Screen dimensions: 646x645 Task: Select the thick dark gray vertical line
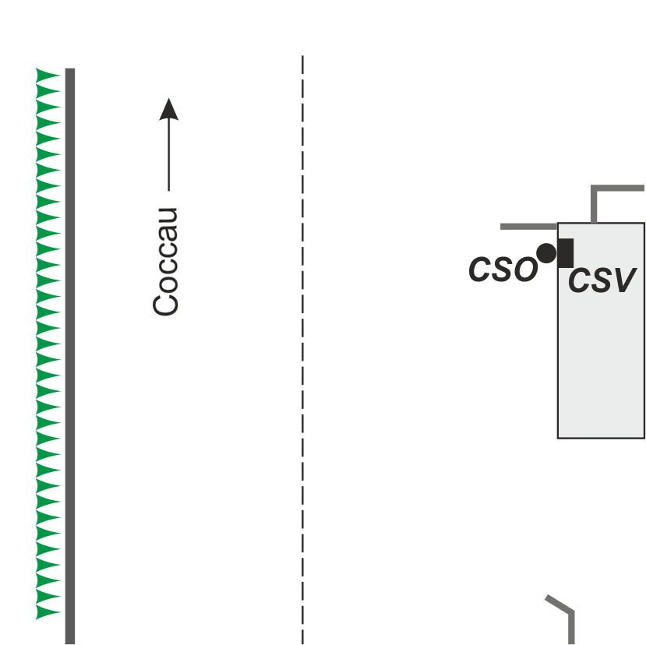point(70,356)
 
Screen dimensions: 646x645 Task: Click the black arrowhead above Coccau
point(169,110)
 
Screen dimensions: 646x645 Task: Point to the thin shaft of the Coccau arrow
point(169,156)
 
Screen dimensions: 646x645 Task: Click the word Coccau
point(166,262)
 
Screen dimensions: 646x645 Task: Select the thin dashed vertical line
point(303,350)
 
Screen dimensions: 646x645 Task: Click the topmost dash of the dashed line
point(303,65)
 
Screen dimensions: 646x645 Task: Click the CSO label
point(503,270)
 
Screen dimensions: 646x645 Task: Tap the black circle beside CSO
point(547,253)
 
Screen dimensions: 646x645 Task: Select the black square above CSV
point(566,253)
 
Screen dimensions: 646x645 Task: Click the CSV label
point(602,280)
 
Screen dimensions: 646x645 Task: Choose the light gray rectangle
point(601,331)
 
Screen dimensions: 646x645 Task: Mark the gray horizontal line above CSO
point(528,227)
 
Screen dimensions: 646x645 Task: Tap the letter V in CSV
point(626,280)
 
